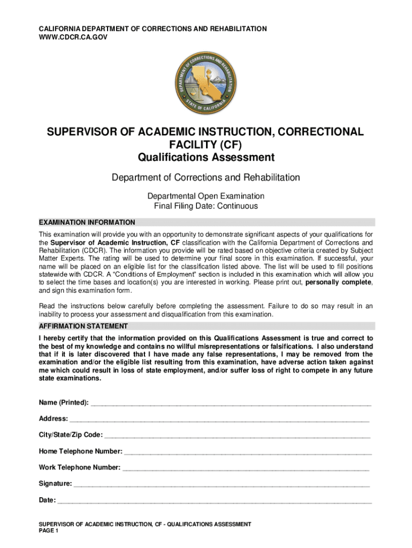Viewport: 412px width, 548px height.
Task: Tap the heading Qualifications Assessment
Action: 206,157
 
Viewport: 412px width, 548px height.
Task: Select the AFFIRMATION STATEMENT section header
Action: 83,326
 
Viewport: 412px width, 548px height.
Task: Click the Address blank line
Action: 219,420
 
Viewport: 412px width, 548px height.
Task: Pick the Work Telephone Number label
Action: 79,468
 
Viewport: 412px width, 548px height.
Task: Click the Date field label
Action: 47,500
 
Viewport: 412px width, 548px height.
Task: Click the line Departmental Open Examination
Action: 206,196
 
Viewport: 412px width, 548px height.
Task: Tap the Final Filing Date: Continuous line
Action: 206,206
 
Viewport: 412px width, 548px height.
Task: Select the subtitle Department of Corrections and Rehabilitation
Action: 206,177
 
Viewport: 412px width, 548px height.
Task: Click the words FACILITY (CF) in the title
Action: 206,144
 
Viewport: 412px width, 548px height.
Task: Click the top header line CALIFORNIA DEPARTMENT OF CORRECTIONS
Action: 152,28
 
